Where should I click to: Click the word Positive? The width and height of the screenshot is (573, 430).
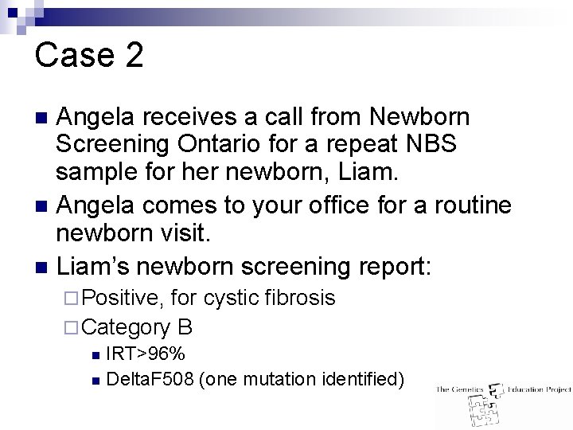coord(123,298)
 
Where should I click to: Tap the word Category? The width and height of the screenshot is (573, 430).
coord(126,326)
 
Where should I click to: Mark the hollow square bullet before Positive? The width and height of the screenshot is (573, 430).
coord(70,299)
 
